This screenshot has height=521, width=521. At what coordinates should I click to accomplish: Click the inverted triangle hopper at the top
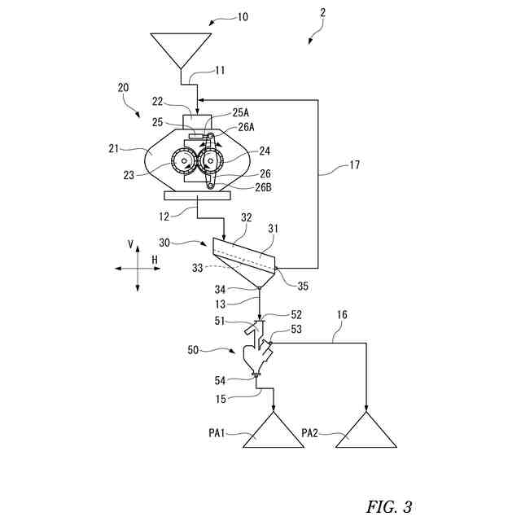coord(182,47)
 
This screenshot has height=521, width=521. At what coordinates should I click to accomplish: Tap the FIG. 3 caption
coord(389,506)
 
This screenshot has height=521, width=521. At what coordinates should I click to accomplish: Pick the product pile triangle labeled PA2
coord(366,431)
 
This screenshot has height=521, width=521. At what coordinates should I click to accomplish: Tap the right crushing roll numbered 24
coord(211,163)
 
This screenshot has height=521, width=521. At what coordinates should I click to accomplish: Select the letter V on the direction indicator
coord(130,243)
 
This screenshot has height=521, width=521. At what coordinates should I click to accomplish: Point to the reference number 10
coord(243,16)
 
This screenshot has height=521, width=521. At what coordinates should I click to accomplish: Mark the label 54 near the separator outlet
coord(221,380)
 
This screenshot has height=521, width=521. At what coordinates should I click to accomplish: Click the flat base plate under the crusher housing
coord(195,195)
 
